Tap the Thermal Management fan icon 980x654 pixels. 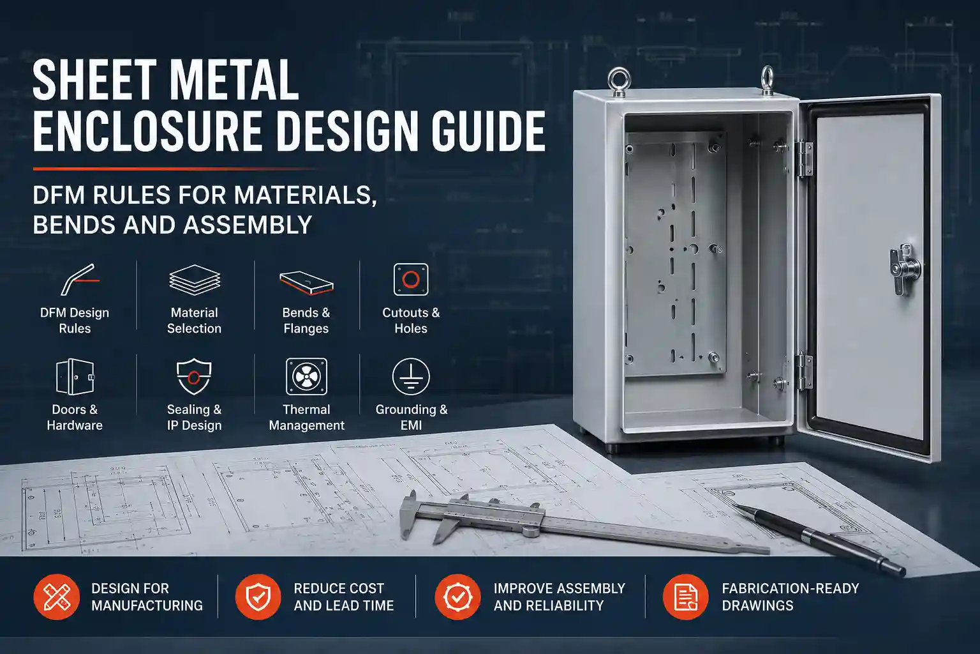click(x=306, y=377)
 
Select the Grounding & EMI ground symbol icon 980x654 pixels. click(x=411, y=376)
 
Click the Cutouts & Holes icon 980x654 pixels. click(x=411, y=279)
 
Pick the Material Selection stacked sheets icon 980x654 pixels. click(x=195, y=280)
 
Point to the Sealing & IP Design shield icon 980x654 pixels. click(x=194, y=377)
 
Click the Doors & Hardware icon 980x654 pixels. click(x=75, y=377)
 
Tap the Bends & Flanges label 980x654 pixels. click(x=306, y=321)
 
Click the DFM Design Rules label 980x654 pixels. click(x=75, y=321)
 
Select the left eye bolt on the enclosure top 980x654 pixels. click(x=619, y=82)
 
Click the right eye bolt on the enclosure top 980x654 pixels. click(x=768, y=80)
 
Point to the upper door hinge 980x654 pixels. click(x=805, y=158)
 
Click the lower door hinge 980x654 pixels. click(x=805, y=371)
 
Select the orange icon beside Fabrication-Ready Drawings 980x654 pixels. click(x=685, y=597)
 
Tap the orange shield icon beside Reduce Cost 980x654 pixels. click(x=258, y=597)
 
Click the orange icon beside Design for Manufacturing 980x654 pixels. click(x=57, y=597)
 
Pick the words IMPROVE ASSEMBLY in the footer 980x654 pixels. click(x=560, y=588)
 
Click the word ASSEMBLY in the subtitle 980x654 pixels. click(x=248, y=225)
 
